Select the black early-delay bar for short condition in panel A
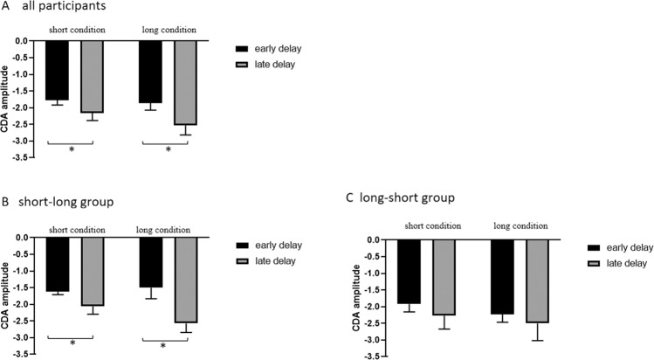tap(57, 70)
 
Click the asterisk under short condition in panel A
tap(71, 149)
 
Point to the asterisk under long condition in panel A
tap(168, 149)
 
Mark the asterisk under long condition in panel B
tap(163, 346)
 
